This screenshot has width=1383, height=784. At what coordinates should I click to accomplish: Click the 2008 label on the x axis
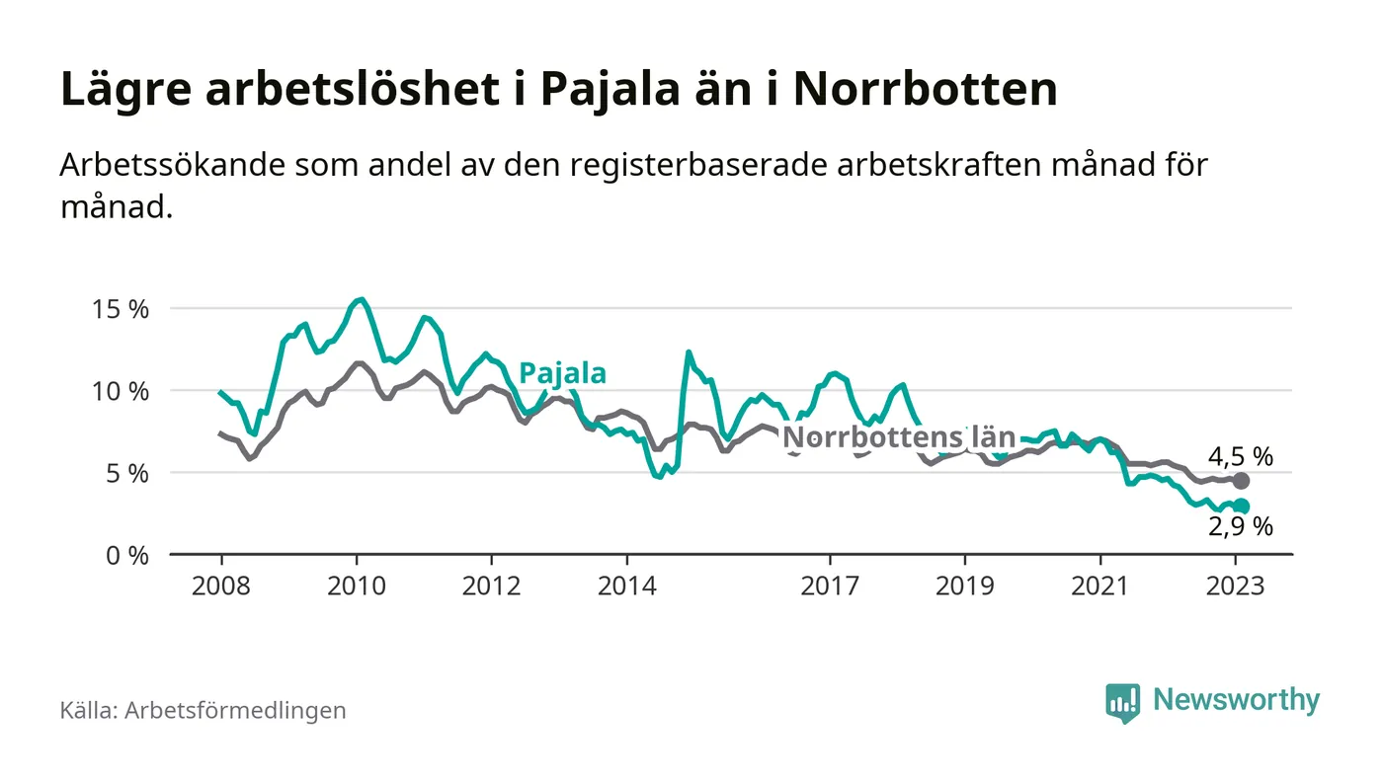(x=220, y=586)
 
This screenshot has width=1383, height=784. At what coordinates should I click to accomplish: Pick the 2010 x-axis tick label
(x=356, y=586)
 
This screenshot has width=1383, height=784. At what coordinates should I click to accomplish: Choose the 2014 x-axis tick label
(x=626, y=586)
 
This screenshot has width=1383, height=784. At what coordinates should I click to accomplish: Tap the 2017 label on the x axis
(x=830, y=586)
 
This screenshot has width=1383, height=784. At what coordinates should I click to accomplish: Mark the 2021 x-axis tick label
(x=1100, y=586)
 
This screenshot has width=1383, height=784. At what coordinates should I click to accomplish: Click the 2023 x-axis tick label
(x=1236, y=586)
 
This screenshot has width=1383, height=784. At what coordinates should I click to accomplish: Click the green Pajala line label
(x=562, y=373)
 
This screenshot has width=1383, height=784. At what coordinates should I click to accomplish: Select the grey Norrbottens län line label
(x=898, y=438)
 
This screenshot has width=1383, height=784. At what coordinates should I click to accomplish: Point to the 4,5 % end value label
(x=1241, y=456)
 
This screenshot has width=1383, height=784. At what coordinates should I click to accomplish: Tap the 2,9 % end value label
(x=1241, y=527)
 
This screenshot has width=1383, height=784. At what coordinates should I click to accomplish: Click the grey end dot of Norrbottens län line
(x=1242, y=481)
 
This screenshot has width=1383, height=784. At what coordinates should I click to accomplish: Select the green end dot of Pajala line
(x=1242, y=507)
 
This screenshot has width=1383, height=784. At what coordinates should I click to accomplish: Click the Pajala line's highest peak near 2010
(x=362, y=299)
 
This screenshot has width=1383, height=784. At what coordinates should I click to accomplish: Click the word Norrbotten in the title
(x=926, y=90)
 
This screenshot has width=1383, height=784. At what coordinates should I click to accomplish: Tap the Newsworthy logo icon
(x=1122, y=702)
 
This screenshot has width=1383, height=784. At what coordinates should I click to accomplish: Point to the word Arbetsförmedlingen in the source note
(x=235, y=710)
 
